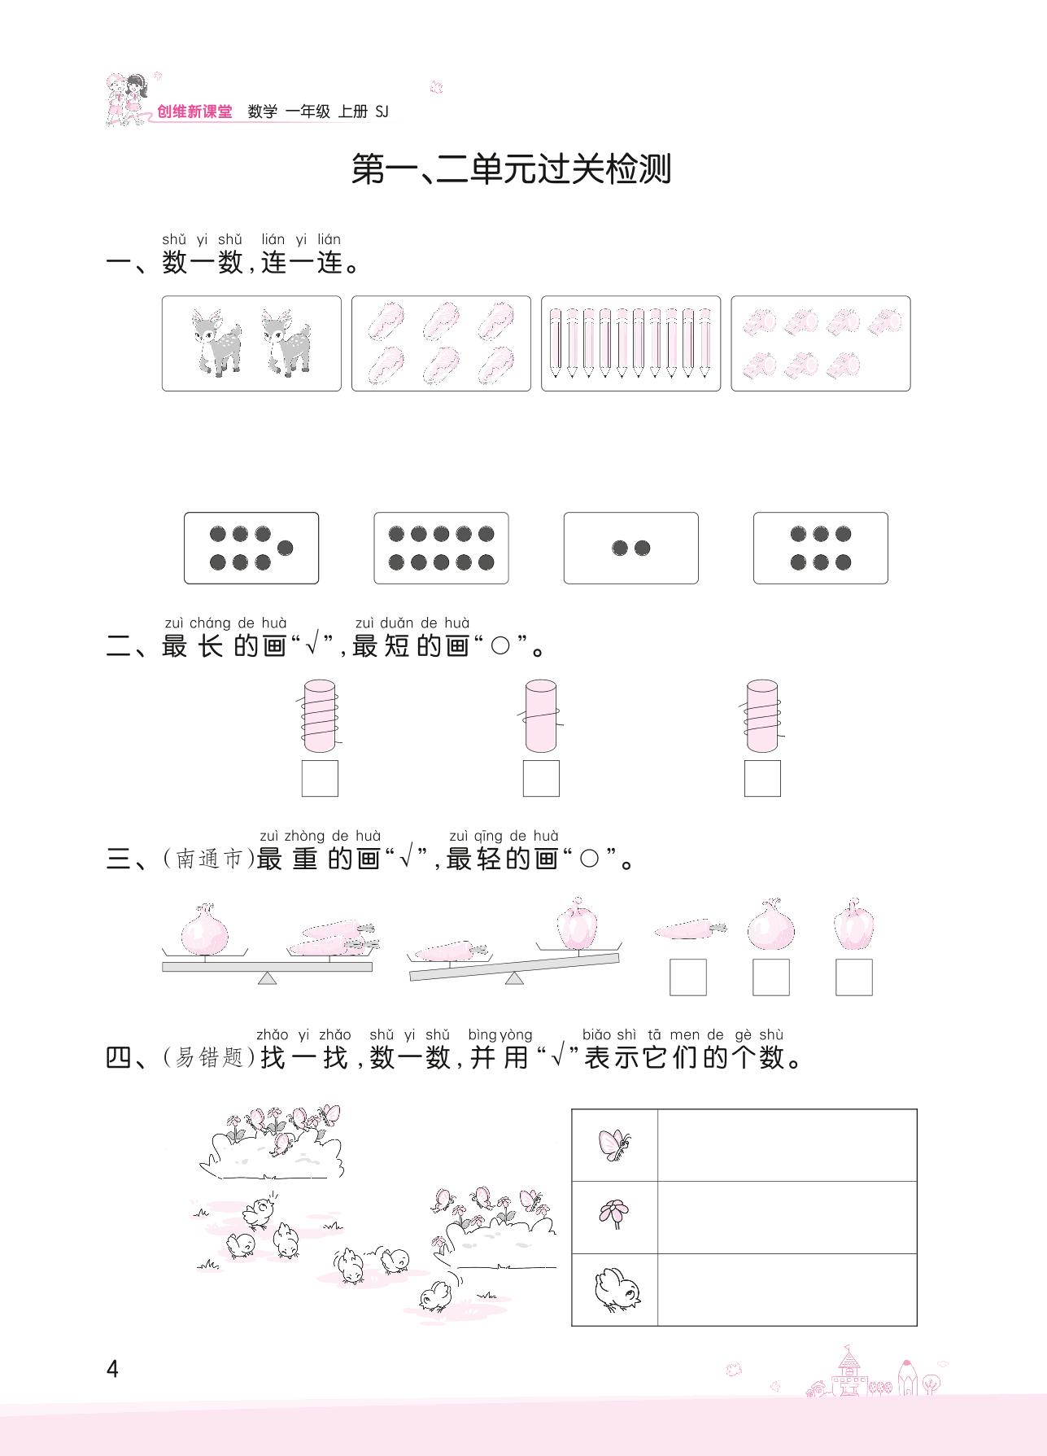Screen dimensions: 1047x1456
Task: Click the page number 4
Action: [112, 1369]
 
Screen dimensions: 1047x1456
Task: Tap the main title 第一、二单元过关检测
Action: [511, 169]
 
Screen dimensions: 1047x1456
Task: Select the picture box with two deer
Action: [251, 343]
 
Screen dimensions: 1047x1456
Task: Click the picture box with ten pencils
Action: [630, 343]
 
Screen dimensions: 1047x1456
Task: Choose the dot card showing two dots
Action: [630, 548]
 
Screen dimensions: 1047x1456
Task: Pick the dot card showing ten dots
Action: [441, 548]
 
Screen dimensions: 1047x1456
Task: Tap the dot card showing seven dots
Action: [251, 548]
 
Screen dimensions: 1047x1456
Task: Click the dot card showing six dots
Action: [820, 548]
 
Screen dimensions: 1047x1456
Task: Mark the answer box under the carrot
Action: [688, 977]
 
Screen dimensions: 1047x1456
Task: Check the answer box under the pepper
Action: [854, 977]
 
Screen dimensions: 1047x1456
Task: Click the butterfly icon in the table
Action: [615, 1145]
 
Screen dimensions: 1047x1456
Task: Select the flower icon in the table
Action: [614, 1217]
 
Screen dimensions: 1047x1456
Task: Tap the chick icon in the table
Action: [616, 1289]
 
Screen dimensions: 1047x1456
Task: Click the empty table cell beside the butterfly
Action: [787, 1145]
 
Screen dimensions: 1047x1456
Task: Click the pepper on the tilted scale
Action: [578, 925]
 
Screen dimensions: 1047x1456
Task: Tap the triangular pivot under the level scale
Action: [267, 977]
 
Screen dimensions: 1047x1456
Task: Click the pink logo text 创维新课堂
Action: [194, 112]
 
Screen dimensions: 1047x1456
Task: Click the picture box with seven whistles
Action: [820, 343]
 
